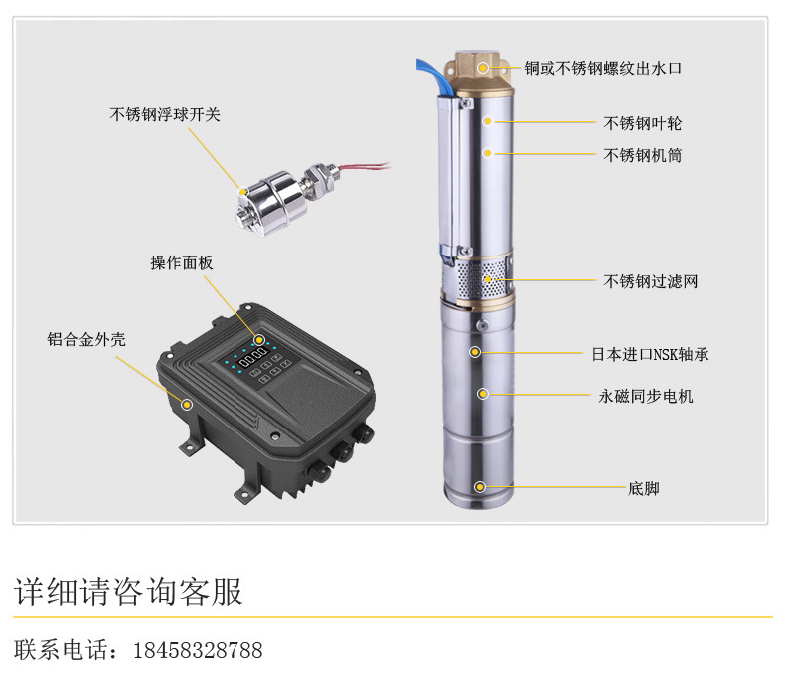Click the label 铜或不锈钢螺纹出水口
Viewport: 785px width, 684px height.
(x=603, y=68)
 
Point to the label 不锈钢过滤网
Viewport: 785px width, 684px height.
(x=651, y=281)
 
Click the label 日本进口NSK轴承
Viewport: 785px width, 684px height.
(x=650, y=354)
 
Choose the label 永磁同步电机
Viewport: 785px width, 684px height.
(x=646, y=396)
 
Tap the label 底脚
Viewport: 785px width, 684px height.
(x=644, y=488)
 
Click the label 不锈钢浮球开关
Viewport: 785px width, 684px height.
(x=165, y=115)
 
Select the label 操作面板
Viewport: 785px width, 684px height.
(x=182, y=263)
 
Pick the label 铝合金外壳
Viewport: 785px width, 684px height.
(x=87, y=338)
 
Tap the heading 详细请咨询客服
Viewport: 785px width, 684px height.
(x=128, y=593)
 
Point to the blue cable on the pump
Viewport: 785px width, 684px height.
(x=428, y=73)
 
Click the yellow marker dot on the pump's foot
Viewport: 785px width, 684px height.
(x=480, y=487)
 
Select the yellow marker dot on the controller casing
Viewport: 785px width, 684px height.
(x=187, y=403)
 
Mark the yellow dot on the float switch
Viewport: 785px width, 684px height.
(x=242, y=188)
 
